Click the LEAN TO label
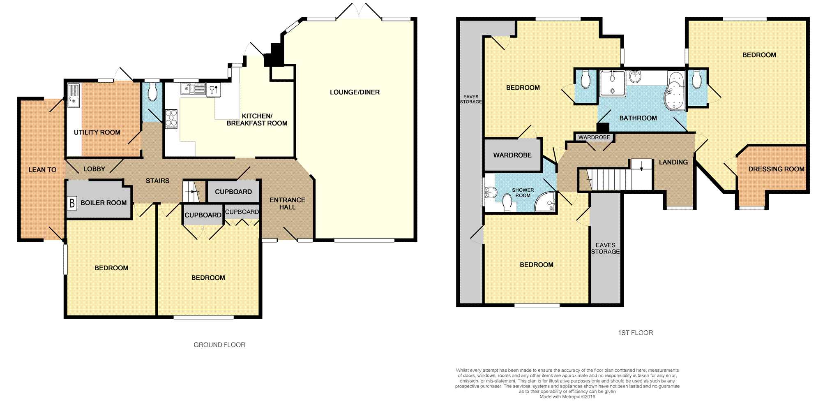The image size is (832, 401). [42, 169]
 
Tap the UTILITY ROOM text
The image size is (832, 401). [97, 132]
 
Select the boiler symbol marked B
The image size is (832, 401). [72, 203]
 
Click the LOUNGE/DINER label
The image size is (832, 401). [355, 92]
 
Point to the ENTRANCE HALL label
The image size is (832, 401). [287, 204]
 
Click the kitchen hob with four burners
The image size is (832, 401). [171, 119]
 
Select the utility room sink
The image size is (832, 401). [74, 95]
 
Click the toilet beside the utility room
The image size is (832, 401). [152, 93]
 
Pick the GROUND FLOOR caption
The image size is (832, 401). [219, 345]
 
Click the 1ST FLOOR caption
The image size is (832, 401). [636, 333]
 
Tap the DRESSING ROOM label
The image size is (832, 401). [776, 169]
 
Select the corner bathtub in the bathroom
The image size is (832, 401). [674, 92]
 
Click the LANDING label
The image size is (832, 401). [673, 162]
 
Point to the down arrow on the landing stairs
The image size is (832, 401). [641, 166]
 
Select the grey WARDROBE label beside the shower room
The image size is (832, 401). [512, 155]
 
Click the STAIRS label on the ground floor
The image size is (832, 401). [157, 181]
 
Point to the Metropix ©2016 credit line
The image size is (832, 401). [567, 397]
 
